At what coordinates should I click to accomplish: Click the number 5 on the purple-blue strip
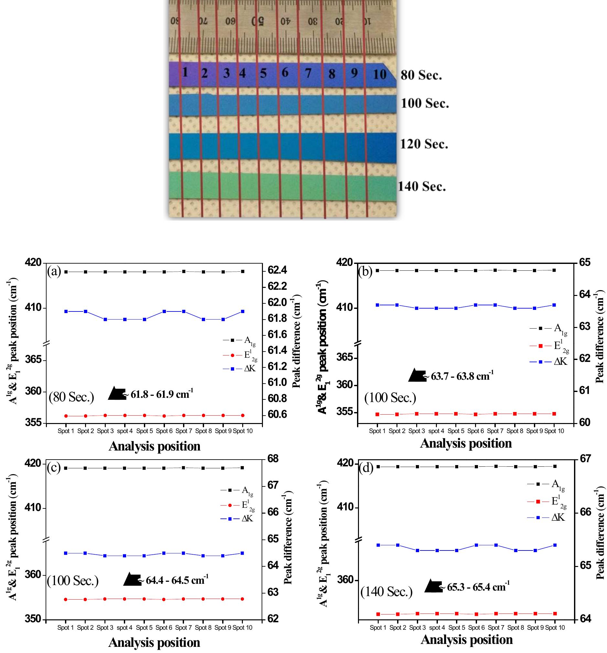(263, 73)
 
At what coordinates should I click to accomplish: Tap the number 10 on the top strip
(380, 75)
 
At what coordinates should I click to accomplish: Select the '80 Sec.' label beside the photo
(421, 75)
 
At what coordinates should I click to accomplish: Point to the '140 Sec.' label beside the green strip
(422, 187)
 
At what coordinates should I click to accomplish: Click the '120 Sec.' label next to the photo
(424, 144)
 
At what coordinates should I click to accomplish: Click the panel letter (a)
(54, 271)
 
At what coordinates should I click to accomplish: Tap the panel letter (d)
(366, 467)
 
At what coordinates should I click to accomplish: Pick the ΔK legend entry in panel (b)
(549, 361)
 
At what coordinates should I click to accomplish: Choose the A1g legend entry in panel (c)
(237, 490)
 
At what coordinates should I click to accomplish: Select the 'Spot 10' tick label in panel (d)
(555, 627)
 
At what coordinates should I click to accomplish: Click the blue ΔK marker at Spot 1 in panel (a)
(66, 311)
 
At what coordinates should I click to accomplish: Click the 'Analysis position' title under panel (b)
(466, 443)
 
